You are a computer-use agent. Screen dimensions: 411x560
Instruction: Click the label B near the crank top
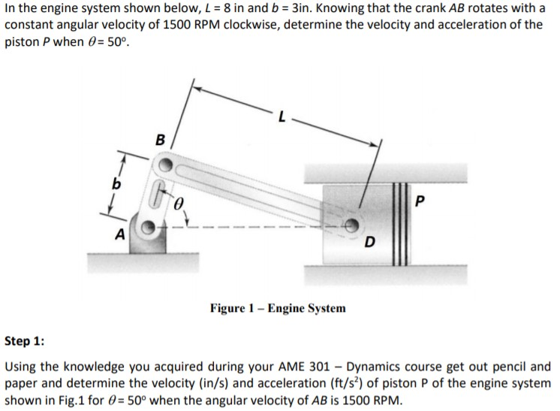(x=159, y=139)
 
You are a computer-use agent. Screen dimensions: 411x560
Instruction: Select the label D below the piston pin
(x=369, y=243)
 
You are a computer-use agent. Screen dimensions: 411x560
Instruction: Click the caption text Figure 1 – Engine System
(x=278, y=308)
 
